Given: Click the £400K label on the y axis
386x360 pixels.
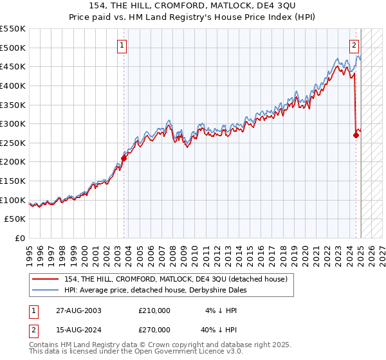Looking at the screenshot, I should pos(13,85).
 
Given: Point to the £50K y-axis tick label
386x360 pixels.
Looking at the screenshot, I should pos(15,219).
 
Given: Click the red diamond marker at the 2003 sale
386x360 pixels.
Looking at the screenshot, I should pos(124,158).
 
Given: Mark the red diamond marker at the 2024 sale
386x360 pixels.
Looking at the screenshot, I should pos(356,136).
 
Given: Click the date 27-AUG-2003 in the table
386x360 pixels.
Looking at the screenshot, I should pos(79,310).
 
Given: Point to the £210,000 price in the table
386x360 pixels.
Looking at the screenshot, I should pos(154,310).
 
